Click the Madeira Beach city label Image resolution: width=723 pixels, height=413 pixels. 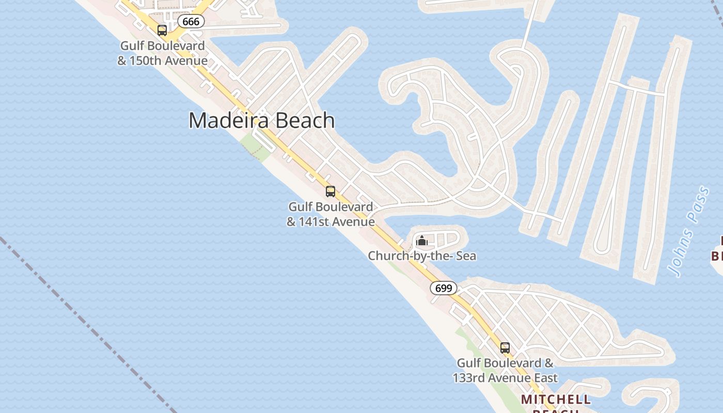(x=261, y=120)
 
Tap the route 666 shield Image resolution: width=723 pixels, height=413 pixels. (x=191, y=21)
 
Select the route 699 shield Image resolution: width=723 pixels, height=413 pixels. (x=444, y=288)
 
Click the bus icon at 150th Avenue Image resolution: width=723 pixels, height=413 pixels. (x=162, y=30)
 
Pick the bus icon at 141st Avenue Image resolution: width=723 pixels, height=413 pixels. (x=331, y=192)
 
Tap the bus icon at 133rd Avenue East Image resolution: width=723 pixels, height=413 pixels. (x=505, y=347)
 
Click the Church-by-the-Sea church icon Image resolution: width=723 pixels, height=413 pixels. (x=422, y=241)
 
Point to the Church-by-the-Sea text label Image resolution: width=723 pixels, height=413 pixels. (x=422, y=256)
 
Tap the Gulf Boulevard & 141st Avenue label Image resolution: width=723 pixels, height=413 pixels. (x=331, y=214)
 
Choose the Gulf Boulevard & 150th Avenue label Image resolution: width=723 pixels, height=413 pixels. (x=162, y=53)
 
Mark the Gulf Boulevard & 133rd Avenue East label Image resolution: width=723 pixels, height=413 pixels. (x=505, y=370)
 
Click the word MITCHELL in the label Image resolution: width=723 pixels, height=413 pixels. (x=556, y=399)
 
